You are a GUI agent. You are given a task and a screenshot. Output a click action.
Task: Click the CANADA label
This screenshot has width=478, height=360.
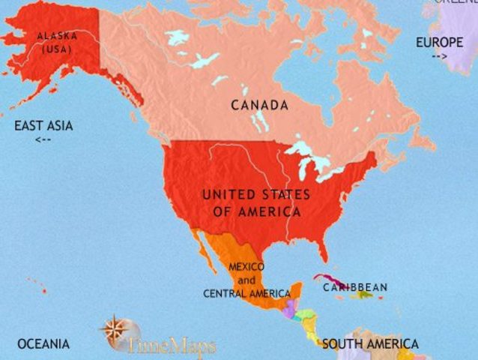(x=259, y=105)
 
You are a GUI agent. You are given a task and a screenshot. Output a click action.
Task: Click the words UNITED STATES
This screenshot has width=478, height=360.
(x=256, y=194)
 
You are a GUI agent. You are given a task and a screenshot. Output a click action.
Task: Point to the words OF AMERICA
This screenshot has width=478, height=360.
(x=257, y=211)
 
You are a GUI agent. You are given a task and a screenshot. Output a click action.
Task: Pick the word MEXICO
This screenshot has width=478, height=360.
(x=246, y=266)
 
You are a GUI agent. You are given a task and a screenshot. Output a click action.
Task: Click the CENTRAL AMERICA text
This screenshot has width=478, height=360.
(x=246, y=293)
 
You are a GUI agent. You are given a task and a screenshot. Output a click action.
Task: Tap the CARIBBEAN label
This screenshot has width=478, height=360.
(x=355, y=287)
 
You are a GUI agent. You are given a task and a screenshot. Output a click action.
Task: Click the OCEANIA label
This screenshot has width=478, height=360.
(x=43, y=343)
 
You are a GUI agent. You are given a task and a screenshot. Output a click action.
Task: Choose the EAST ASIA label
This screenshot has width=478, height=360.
(x=43, y=126)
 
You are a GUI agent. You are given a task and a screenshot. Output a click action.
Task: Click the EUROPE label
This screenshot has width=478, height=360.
(x=440, y=42)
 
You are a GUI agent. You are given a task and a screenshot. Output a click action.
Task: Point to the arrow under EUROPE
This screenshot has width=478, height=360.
(x=439, y=55)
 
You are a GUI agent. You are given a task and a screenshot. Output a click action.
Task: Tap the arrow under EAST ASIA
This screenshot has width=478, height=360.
(x=43, y=139)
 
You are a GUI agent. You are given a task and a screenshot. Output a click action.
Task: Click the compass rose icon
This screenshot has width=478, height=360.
(x=115, y=331)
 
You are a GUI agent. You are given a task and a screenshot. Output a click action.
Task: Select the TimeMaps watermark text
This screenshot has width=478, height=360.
(x=172, y=346)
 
